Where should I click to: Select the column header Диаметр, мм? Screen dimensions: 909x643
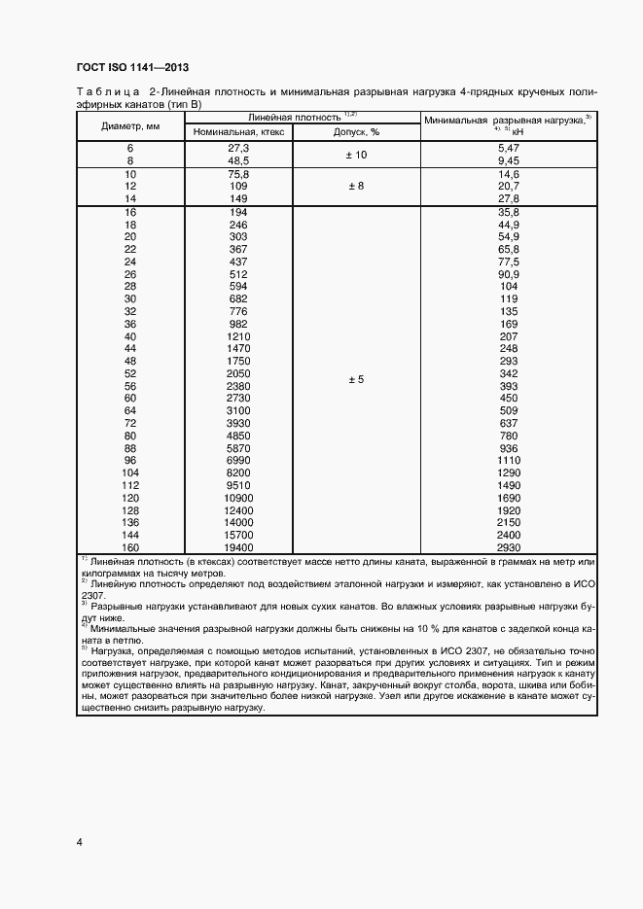pos(131,125)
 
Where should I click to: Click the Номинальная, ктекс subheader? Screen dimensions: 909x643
pos(238,131)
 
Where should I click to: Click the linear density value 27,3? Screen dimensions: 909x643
pos(238,148)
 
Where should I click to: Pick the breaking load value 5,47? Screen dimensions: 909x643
pos(509,148)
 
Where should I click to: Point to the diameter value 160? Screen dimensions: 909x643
pos(130,547)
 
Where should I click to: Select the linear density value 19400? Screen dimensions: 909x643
pos(238,547)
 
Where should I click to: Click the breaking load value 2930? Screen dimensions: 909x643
pos(509,547)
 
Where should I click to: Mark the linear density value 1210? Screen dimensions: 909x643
pos(238,335)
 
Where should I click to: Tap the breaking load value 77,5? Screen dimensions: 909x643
pos(509,262)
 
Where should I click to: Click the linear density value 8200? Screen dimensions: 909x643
pos(238,472)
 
